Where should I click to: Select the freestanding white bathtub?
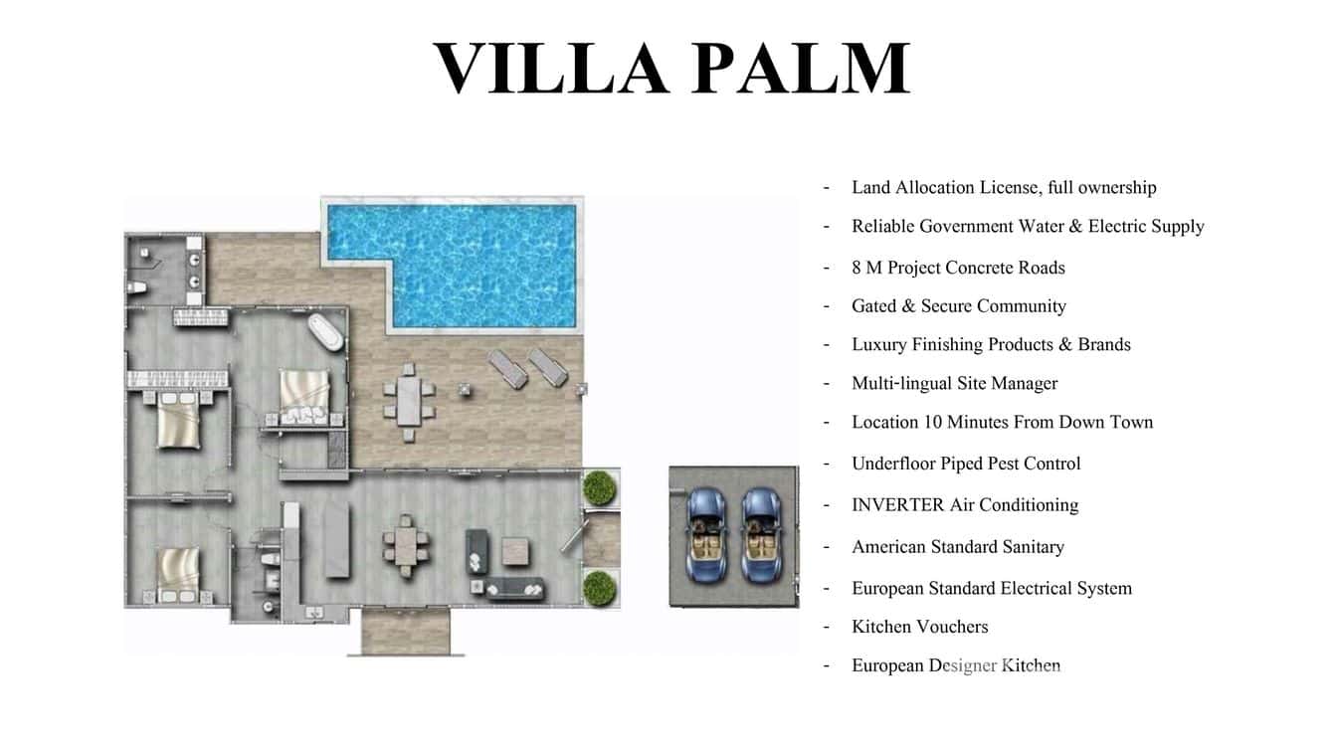click(x=326, y=330)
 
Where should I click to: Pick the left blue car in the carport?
click(x=707, y=534)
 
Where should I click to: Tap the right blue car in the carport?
click(x=761, y=534)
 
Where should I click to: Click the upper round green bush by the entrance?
click(x=599, y=487)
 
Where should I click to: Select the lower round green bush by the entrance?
click(x=599, y=587)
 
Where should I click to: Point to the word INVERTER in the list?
click(x=897, y=504)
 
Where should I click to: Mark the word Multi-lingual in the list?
click(x=901, y=383)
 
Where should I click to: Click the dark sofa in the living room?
click(x=509, y=588)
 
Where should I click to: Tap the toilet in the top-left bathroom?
click(x=138, y=288)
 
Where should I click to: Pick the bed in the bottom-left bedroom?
click(x=179, y=572)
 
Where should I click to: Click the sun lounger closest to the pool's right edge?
click(x=548, y=366)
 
